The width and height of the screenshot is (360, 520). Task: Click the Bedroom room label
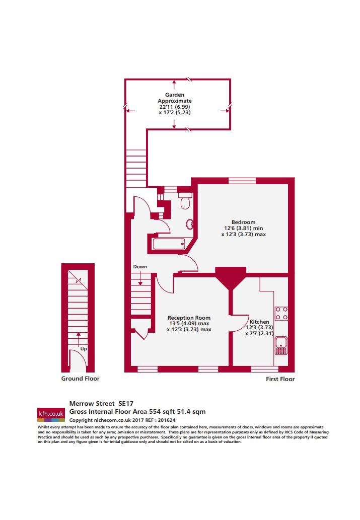pos(244,222)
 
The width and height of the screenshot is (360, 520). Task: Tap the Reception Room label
pos(189,318)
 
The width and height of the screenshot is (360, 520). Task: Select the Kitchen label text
pos(259,322)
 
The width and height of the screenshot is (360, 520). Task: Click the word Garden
pos(175,95)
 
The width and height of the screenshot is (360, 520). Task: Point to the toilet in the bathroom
pos(185,201)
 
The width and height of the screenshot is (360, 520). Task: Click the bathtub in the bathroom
pos(169,244)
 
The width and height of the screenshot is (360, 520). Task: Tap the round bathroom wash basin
pos(190,225)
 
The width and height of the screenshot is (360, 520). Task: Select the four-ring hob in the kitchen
pos(281,314)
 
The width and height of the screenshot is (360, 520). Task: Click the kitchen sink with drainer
pos(281,345)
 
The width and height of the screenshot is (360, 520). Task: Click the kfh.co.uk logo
pos(51,415)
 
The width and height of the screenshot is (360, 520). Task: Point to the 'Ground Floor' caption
pos(80,379)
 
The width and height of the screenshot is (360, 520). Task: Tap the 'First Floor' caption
pos(280,379)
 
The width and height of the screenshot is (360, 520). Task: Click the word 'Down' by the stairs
pos(140,267)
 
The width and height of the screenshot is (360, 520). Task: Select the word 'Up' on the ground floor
pos(84,349)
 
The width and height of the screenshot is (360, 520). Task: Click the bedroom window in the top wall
pos(242,181)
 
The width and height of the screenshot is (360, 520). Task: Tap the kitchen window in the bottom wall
pos(265,369)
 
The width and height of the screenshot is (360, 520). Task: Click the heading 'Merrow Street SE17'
pos(101,404)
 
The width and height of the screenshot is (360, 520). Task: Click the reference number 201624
pos(167,420)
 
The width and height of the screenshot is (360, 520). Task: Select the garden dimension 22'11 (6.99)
pos(175,107)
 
